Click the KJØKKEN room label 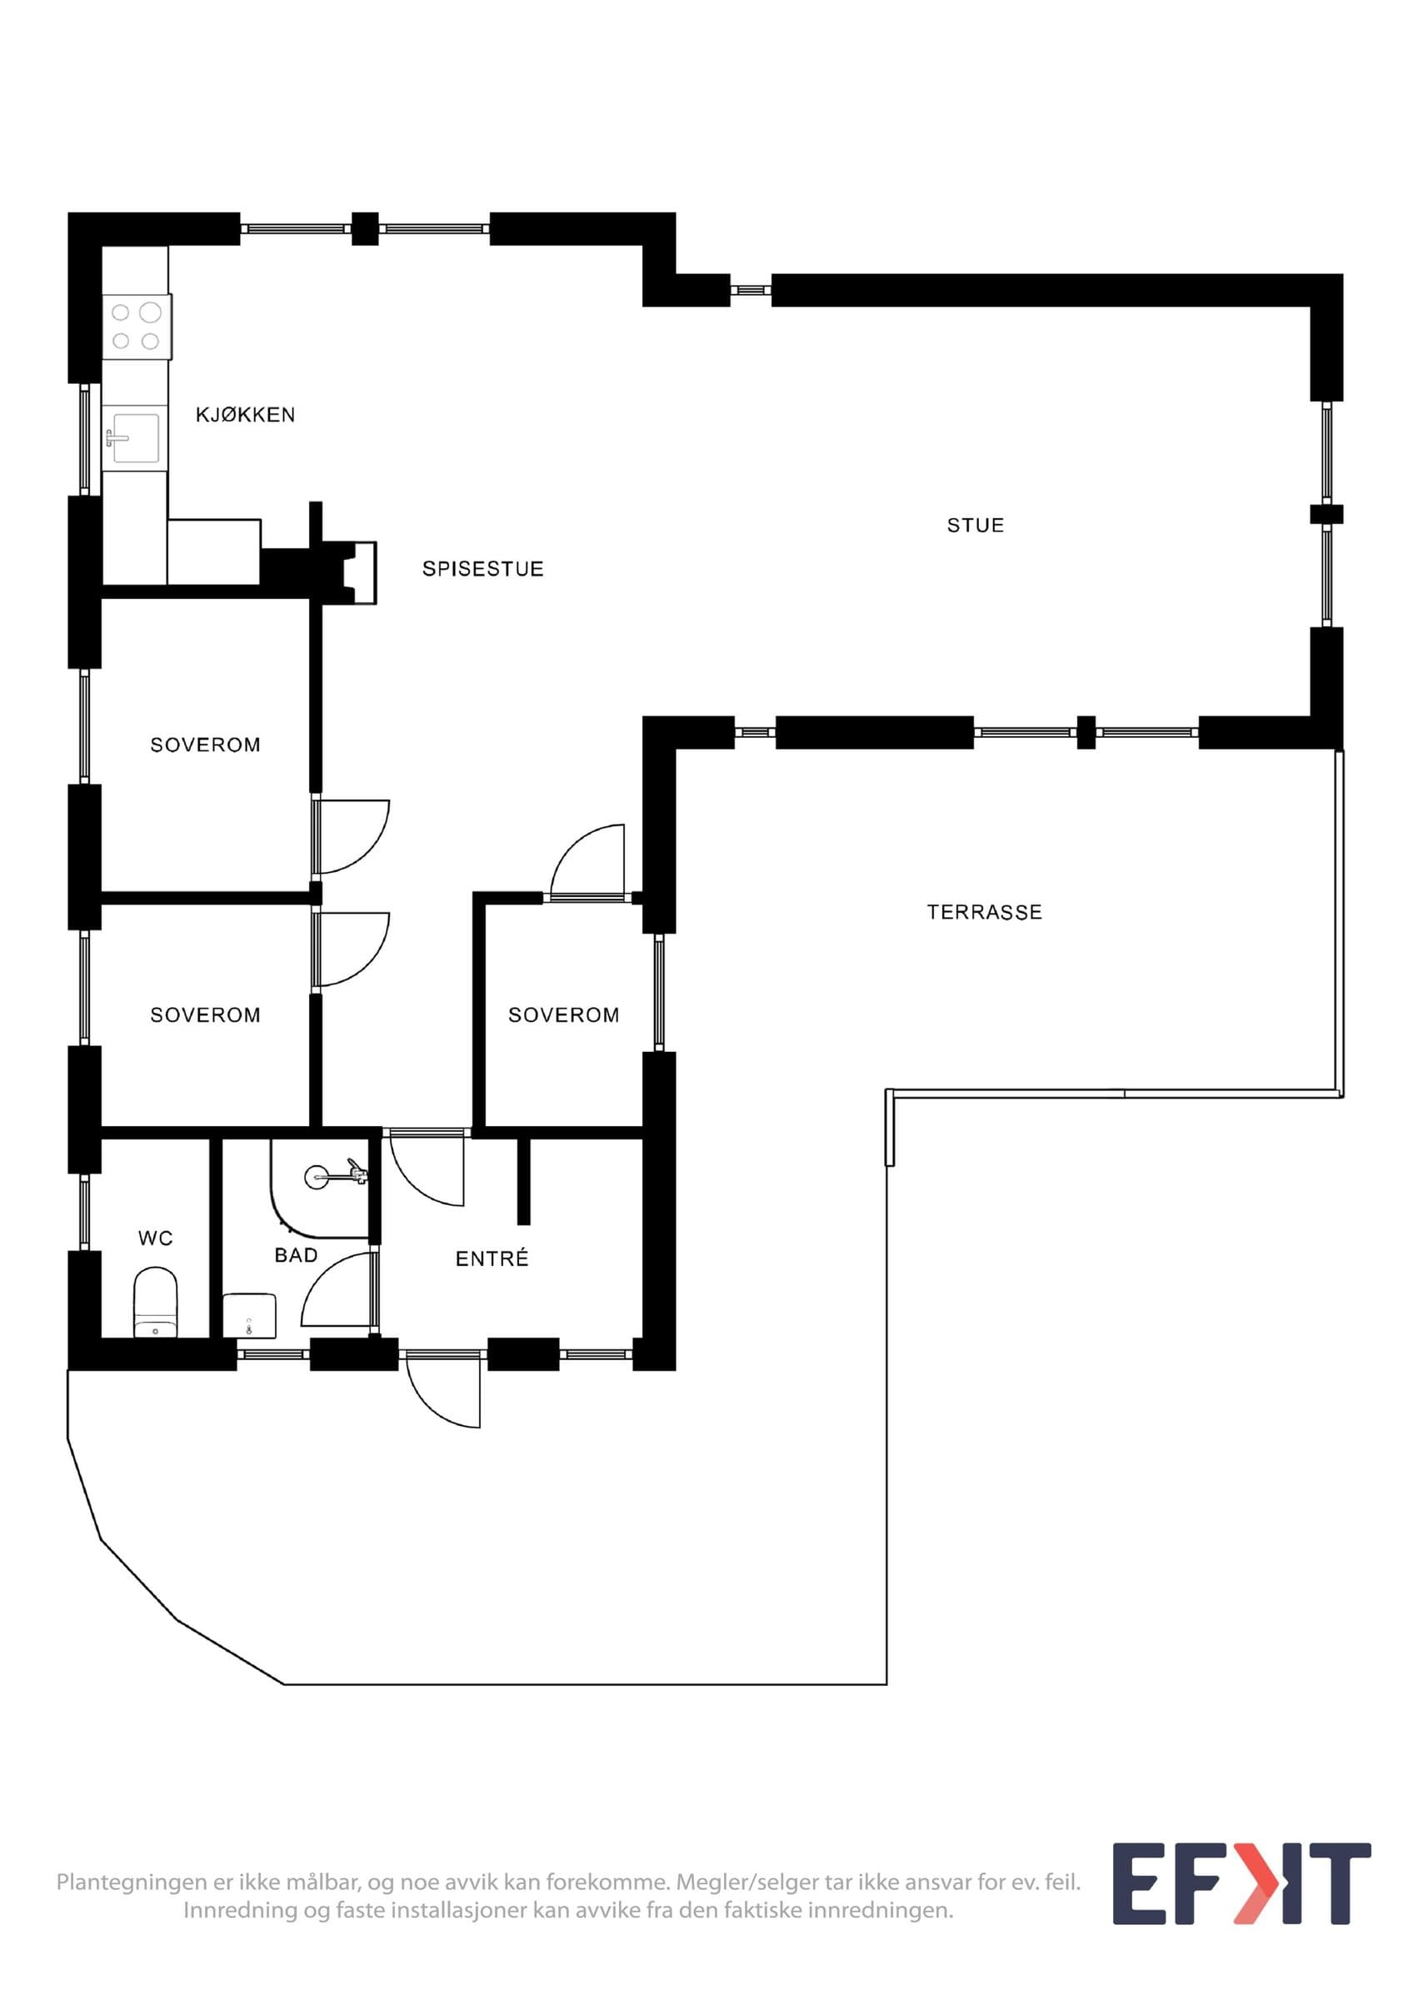(x=246, y=415)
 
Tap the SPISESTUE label (x=483, y=569)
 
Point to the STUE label (x=975, y=525)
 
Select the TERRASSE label (x=985, y=911)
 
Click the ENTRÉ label (x=492, y=1257)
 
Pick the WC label (x=156, y=1237)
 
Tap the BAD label (x=296, y=1254)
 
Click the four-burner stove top (x=137, y=327)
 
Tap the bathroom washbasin (x=250, y=1315)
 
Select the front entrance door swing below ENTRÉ (x=443, y=1389)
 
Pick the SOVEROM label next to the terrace (x=563, y=1014)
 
